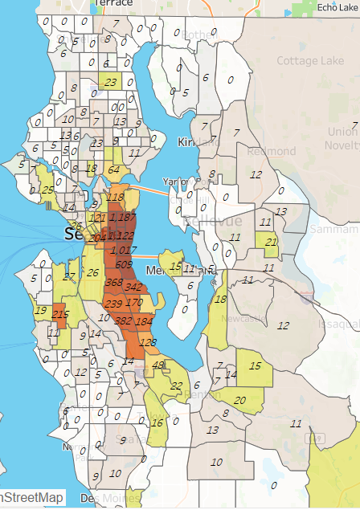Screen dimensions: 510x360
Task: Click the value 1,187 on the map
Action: [x=123, y=217]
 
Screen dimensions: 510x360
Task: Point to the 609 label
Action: [x=123, y=265]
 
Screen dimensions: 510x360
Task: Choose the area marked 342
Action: [x=133, y=287]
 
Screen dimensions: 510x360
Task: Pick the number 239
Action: [x=113, y=304]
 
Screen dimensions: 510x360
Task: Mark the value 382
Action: [x=124, y=320]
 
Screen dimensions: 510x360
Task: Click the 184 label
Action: [x=144, y=321]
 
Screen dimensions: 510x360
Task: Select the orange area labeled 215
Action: [x=61, y=314]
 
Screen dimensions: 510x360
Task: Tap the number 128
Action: [x=148, y=342]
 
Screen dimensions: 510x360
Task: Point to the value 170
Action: [x=134, y=303]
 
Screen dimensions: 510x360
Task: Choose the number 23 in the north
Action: [x=110, y=82]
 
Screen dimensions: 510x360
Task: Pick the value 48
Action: [x=158, y=365]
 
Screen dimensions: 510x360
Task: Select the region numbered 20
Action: [x=239, y=401]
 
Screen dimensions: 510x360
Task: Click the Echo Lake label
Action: [x=335, y=6]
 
